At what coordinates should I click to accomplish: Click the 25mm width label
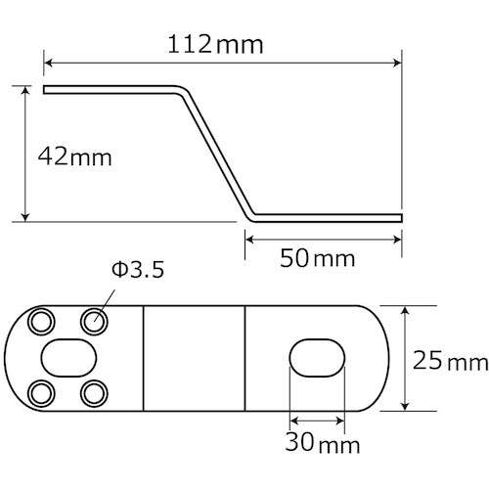(449, 363)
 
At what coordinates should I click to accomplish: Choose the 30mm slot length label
(314, 444)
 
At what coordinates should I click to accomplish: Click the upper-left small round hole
(41, 320)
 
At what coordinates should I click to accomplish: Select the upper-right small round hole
(94, 319)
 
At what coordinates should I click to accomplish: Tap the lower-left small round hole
(41, 393)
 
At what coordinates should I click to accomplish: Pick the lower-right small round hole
(94, 392)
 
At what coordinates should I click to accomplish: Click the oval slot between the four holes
(67, 356)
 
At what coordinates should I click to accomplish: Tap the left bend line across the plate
(144, 357)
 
